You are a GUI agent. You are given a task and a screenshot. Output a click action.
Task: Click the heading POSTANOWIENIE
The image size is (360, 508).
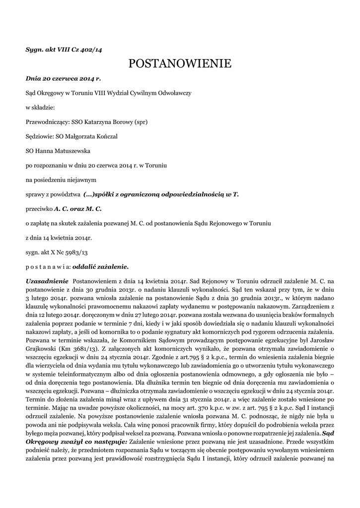click(180, 63)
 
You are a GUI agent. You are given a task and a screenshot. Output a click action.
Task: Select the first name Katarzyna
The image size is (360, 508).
click(99, 121)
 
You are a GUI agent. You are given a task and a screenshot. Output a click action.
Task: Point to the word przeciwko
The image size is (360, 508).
click(39, 209)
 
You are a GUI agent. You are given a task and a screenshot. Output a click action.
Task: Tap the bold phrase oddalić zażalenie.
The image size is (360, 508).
click(101, 266)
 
